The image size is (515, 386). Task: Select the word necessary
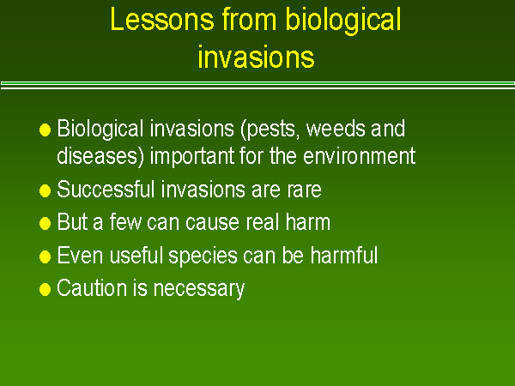(203, 289)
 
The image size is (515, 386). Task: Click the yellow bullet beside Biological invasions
(45, 130)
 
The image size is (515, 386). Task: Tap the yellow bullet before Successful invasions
(45, 190)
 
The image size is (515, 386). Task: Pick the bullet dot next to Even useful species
(45, 256)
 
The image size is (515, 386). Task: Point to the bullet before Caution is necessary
(45, 290)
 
